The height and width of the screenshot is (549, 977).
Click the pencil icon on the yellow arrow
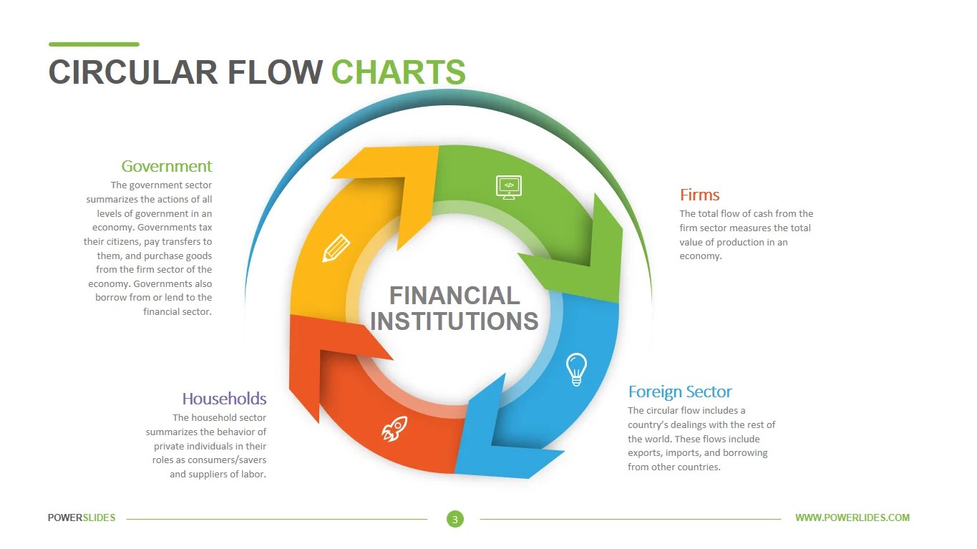pyautogui.click(x=336, y=248)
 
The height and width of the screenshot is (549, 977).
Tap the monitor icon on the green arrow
pyautogui.click(x=509, y=186)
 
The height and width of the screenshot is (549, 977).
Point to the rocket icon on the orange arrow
pyautogui.click(x=394, y=429)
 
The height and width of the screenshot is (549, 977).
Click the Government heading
pyautogui.click(x=167, y=166)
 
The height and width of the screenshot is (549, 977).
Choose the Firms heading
pyautogui.click(x=699, y=195)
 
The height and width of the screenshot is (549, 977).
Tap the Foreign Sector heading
pyautogui.click(x=680, y=392)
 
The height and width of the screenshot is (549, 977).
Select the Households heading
pyautogui.click(x=224, y=399)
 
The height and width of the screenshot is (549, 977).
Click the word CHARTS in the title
pyautogui.click(x=399, y=72)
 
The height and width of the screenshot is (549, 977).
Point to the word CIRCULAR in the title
pyautogui.click(x=132, y=72)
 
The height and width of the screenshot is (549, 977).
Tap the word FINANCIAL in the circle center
pyautogui.click(x=455, y=296)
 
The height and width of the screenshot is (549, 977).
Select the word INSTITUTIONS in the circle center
pyautogui.click(x=455, y=321)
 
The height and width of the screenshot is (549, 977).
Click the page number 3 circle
pyautogui.click(x=455, y=519)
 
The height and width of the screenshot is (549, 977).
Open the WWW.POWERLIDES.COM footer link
pyautogui.click(x=852, y=518)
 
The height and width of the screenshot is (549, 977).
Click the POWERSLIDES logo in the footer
pyautogui.click(x=82, y=518)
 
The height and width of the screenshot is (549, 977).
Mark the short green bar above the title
pyautogui.click(x=94, y=44)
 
